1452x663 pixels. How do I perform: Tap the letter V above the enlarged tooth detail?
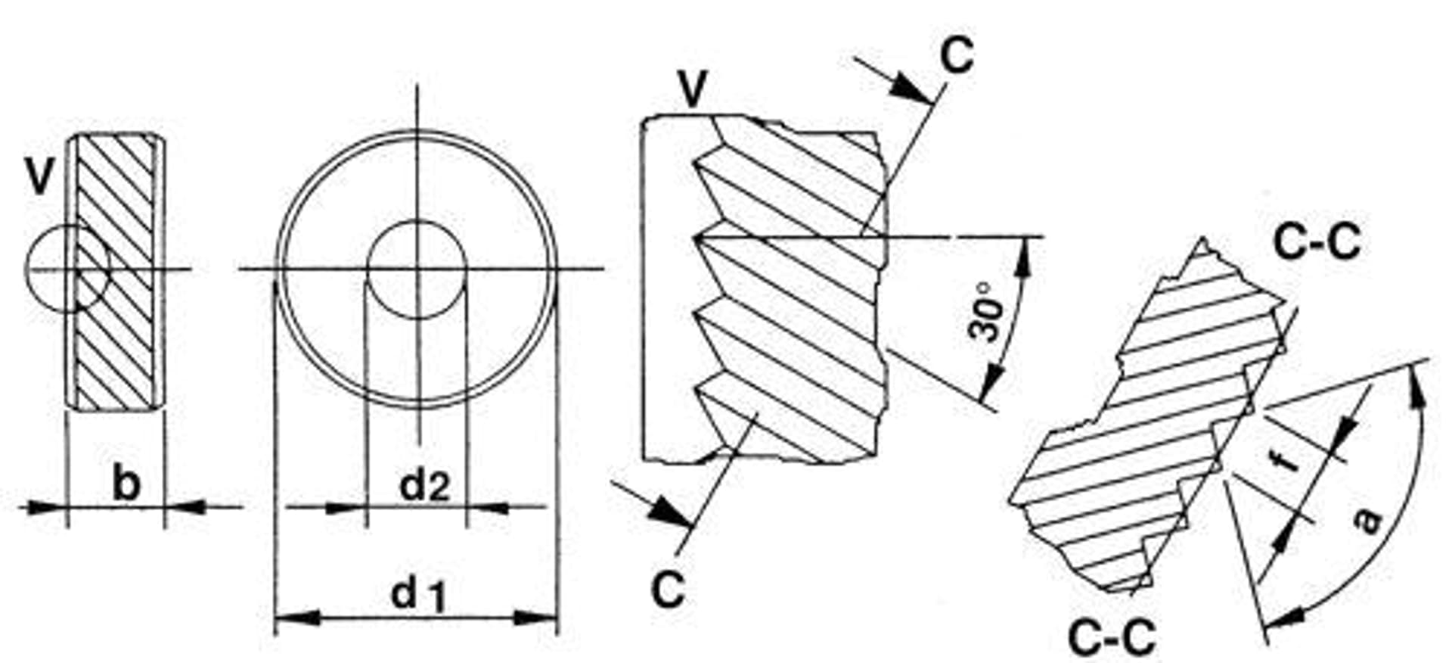[x=693, y=90]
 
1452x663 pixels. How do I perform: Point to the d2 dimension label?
[x=424, y=485]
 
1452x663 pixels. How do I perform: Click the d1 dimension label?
[x=418, y=594]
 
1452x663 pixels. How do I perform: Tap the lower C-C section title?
[x=1112, y=637]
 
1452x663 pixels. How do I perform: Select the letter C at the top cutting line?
[x=957, y=54]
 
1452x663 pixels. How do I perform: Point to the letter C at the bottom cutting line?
[x=669, y=589]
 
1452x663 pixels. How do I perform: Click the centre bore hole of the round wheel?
[x=417, y=269]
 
